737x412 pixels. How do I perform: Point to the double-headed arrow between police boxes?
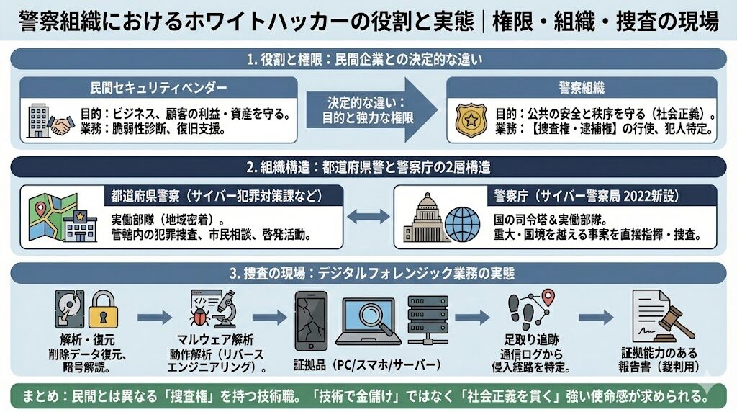[369, 217]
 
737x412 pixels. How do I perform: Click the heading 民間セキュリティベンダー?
[159, 88]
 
